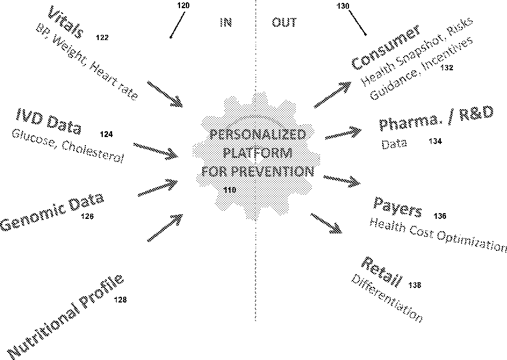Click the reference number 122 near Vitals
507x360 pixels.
tap(102, 38)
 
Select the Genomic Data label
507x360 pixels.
tap(52, 213)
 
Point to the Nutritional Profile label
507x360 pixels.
tap(66, 316)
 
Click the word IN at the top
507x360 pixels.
tap(226, 23)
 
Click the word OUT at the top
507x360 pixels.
tap(284, 23)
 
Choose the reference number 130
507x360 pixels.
tap(343, 5)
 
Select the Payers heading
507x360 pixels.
tap(398, 206)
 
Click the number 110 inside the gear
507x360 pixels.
tap(230, 189)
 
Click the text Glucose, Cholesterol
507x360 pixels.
tap(67, 146)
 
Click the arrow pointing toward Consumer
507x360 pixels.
tap(333, 95)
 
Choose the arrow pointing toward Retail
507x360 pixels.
tap(326, 224)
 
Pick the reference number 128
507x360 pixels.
tap(120, 300)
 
